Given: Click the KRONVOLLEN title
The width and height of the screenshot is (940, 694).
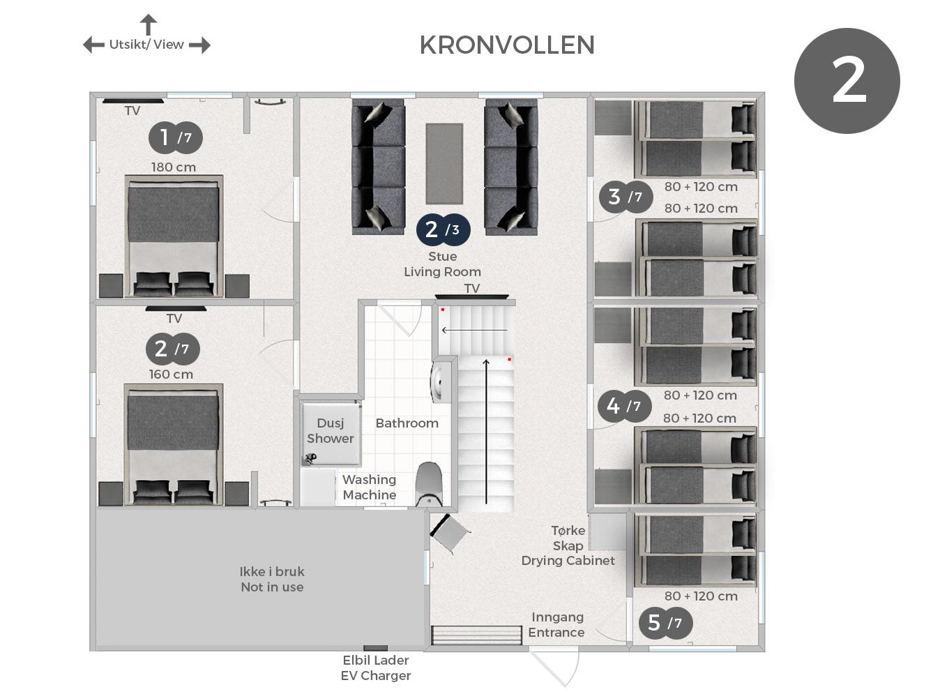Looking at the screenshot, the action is [507, 45].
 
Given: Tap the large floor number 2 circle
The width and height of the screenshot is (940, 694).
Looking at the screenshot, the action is [847, 80].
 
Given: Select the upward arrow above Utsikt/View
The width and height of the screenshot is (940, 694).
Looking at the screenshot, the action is [149, 24].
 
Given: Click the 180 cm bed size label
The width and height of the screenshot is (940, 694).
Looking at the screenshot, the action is [174, 167].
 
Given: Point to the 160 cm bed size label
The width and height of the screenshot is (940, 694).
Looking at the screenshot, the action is [171, 375].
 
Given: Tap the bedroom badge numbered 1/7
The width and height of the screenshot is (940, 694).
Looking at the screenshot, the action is [176, 137].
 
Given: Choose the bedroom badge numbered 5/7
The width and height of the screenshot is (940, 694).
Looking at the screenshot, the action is [665, 623].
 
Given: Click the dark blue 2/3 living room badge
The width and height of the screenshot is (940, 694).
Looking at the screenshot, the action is [443, 229].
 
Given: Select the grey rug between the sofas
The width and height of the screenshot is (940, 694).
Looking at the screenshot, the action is [444, 164].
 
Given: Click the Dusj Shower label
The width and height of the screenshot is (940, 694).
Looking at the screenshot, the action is [330, 431].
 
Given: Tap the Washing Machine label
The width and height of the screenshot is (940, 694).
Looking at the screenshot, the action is [369, 487].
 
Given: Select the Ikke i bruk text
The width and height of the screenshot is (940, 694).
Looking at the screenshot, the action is [272, 571].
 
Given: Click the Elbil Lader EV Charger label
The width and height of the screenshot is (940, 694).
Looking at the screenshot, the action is [375, 667].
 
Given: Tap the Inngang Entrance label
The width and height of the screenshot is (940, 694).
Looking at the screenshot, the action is [556, 624].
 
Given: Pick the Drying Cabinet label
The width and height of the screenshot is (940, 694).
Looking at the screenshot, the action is [568, 561].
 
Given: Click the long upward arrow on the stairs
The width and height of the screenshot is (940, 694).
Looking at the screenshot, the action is [486, 431].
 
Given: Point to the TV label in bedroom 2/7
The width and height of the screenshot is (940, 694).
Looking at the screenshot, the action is [174, 318].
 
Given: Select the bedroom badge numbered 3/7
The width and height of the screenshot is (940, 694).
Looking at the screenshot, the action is [626, 197].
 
